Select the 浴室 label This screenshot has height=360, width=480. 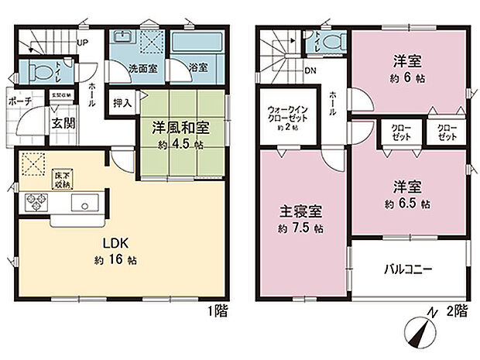198,68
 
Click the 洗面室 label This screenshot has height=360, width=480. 142,68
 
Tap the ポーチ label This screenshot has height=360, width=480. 20,101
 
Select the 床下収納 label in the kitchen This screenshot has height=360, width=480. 60,180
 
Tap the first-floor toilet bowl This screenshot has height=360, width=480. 39,72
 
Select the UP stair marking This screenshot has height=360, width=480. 81,43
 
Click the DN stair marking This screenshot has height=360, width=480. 310,71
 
